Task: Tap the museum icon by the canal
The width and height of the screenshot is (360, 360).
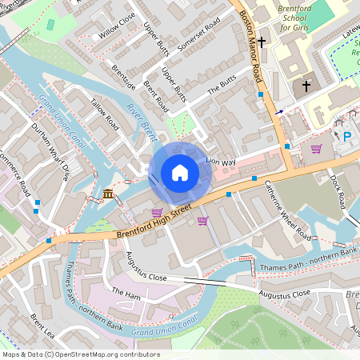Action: pos(108,194)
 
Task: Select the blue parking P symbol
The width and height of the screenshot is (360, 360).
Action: pos(347,137)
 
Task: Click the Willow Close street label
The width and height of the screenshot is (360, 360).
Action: pos(117,27)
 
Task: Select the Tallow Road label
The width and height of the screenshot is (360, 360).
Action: pos(105,115)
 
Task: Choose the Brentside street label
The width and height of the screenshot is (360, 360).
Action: pos(124,78)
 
